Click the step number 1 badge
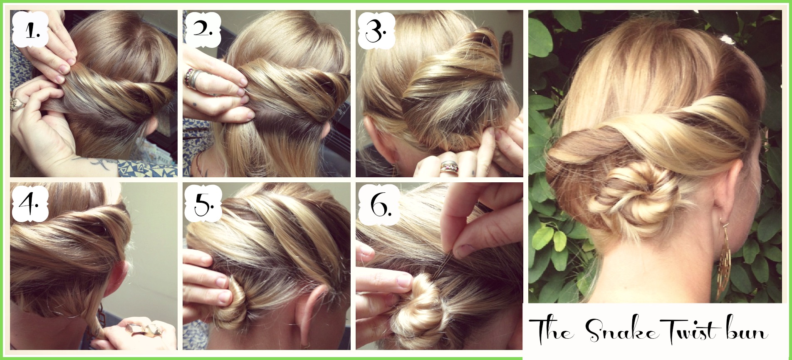(30, 29)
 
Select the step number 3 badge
(376, 30)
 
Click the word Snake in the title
(622, 332)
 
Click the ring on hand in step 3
(450, 167)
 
